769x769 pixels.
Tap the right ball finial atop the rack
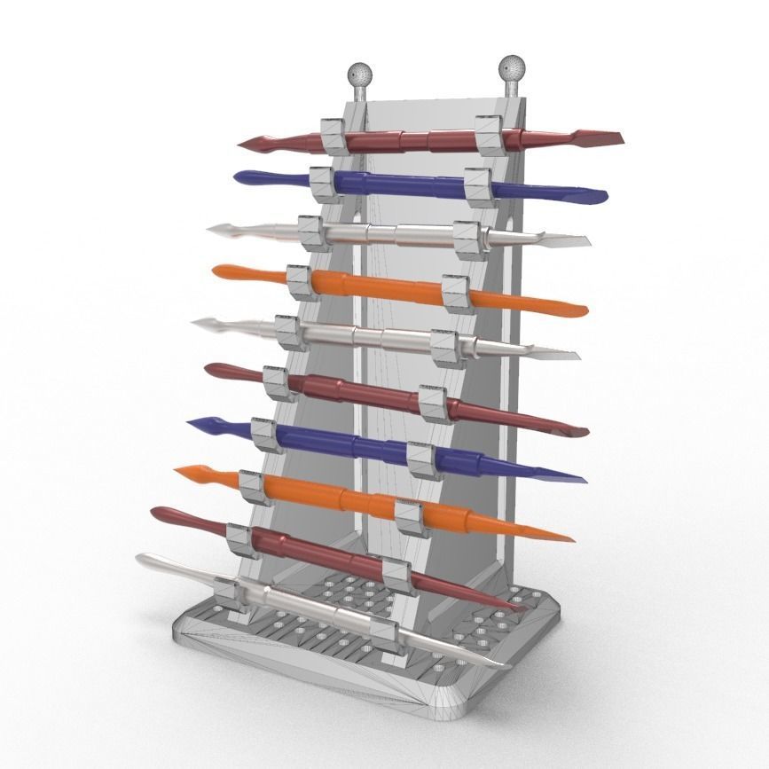click(x=512, y=67)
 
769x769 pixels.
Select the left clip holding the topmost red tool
click(x=333, y=134)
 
